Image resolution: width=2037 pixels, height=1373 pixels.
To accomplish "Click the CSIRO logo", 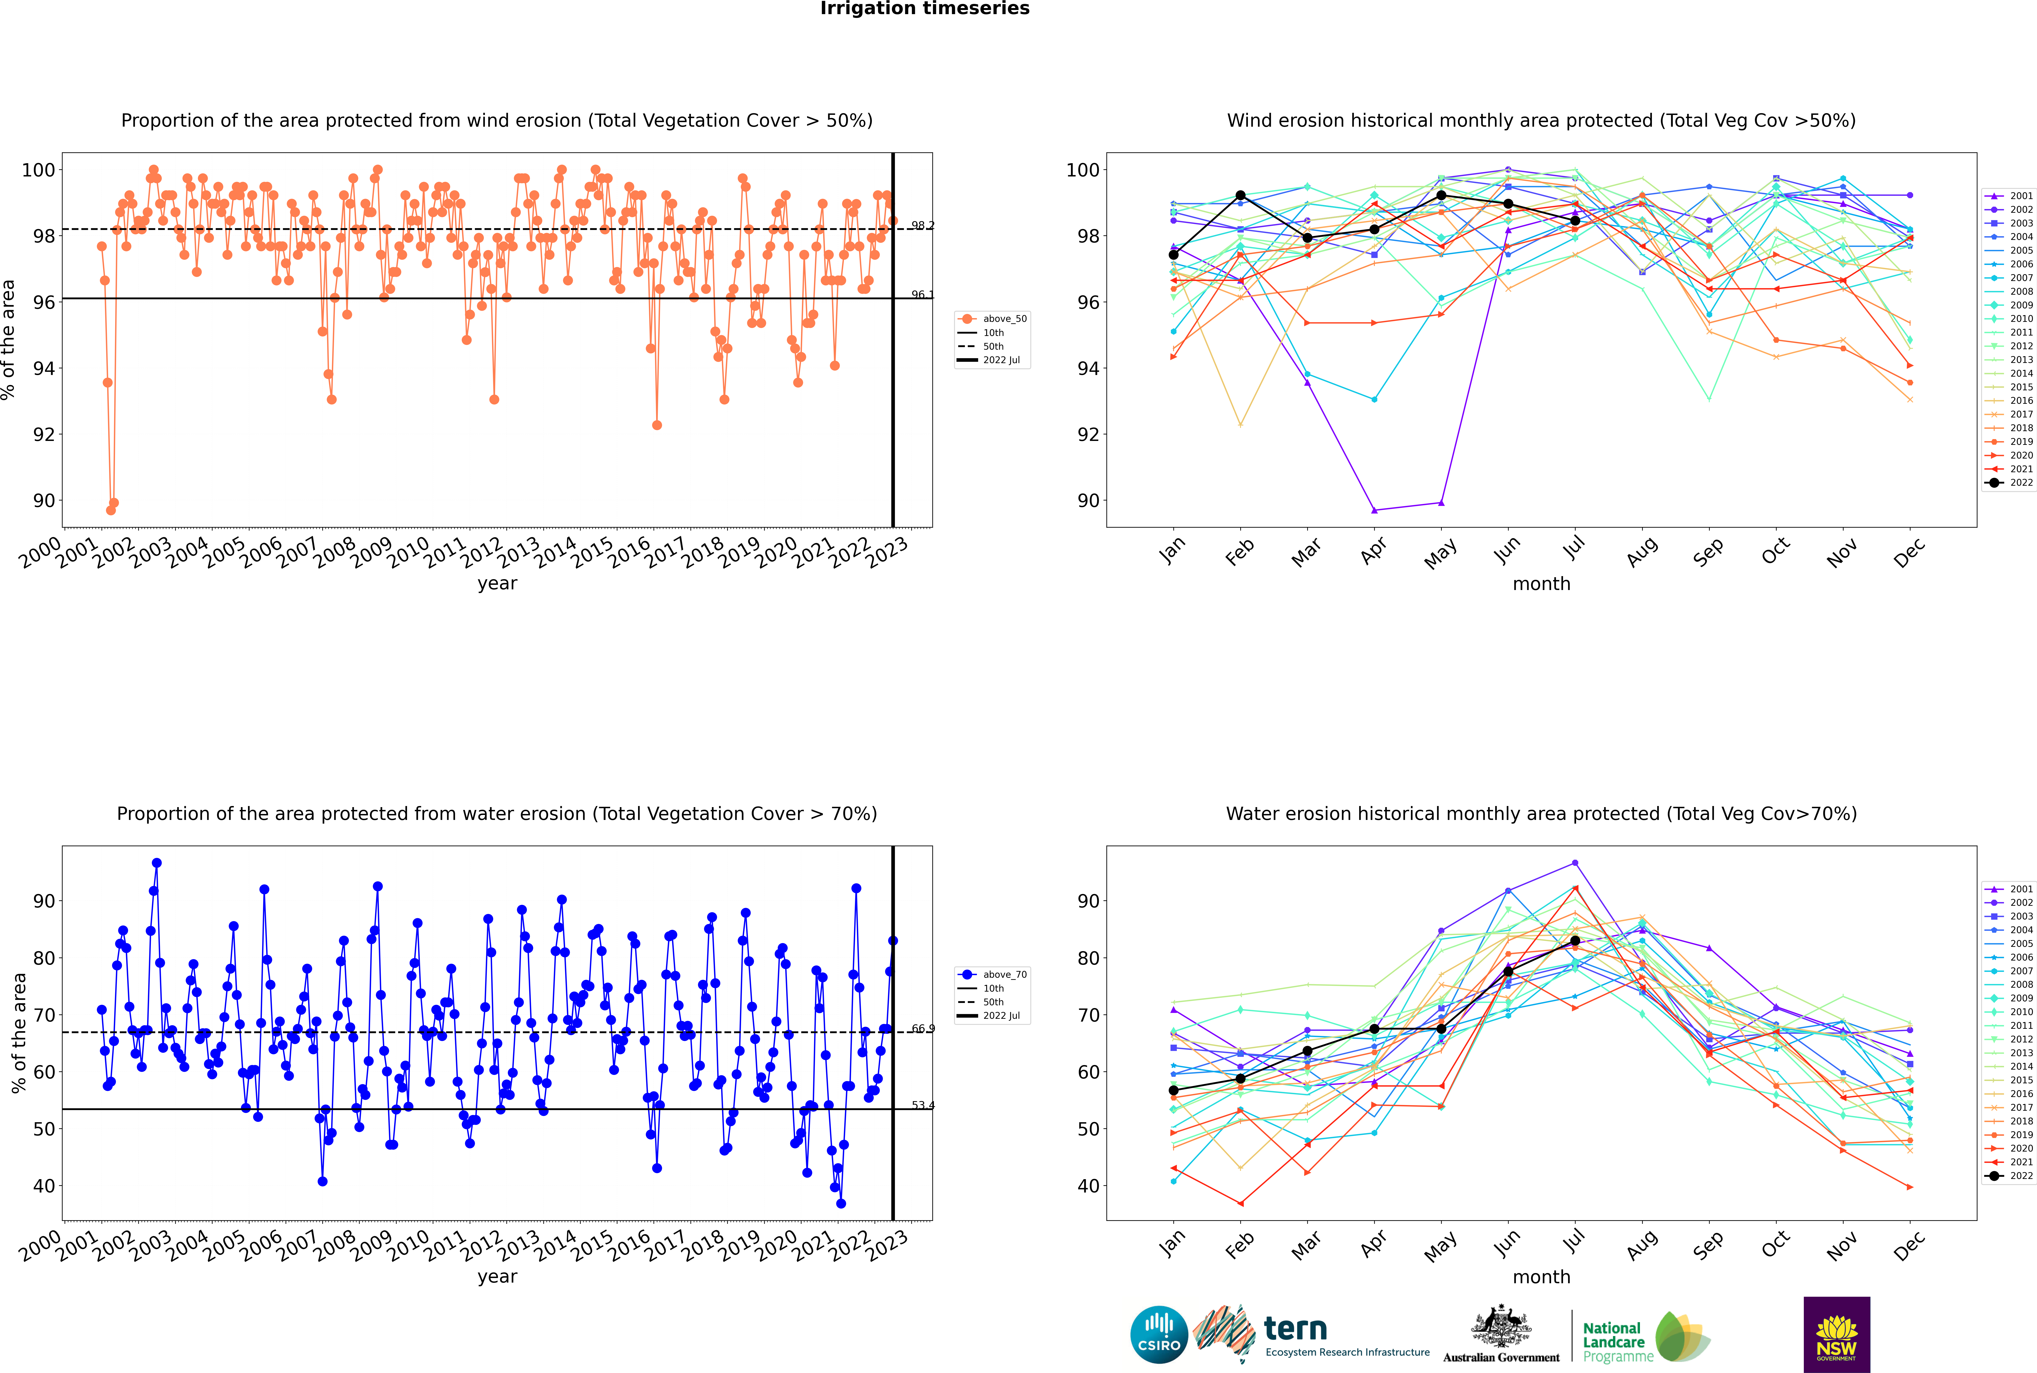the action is click(1159, 1335).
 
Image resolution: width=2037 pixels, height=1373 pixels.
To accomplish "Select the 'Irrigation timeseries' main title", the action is click(925, 9).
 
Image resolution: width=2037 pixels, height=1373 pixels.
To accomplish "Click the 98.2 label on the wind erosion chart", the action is click(922, 226).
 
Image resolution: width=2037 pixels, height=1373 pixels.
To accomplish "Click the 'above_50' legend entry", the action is click(992, 319).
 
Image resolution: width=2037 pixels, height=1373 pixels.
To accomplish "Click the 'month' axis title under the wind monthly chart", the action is click(1541, 584).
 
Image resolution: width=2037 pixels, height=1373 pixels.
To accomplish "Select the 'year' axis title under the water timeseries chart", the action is click(497, 1277).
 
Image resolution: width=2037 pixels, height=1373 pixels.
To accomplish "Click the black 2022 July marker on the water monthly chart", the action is click(1575, 941).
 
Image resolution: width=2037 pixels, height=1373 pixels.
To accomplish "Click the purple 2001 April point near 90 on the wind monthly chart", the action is click(1374, 510).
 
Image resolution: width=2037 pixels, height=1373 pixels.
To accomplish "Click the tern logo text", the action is click(1295, 1329).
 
